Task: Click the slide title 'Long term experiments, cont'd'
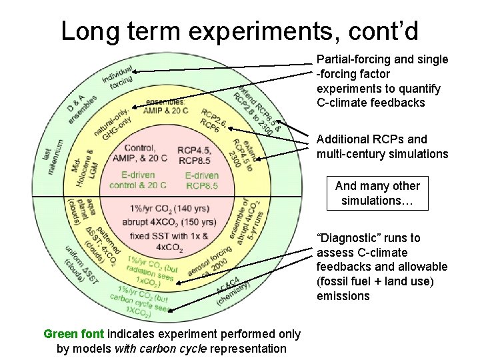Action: click(x=240, y=30)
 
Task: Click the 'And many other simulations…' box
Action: click(x=377, y=193)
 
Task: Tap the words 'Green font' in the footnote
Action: click(x=74, y=334)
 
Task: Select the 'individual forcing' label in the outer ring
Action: click(x=119, y=78)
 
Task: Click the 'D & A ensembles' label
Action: click(x=81, y=108)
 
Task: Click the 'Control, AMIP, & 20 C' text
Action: click(x=139, y=153)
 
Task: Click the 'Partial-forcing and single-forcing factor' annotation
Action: click(x=382, y=81)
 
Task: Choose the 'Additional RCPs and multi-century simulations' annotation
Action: click(x=382, y=147)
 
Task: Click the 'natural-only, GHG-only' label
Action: click(x=113, y=123)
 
